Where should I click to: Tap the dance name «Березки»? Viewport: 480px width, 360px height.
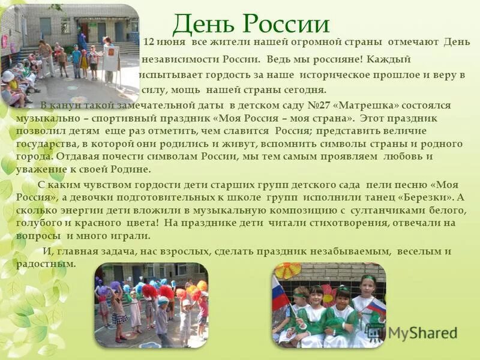[x=427, y=197]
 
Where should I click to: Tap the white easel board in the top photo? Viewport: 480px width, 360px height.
[x=110, y=52]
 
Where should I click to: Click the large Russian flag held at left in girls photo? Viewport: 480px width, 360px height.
[x=280, y=294]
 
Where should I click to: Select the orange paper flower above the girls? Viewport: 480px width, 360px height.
[x=287, y=271]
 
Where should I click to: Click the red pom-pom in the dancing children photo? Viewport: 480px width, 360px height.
[x=149, y=292]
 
